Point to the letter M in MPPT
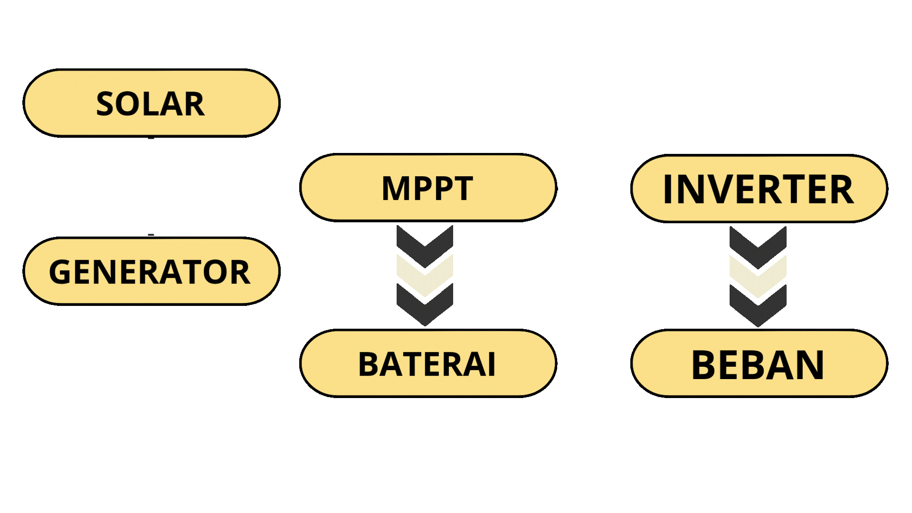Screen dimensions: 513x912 395,189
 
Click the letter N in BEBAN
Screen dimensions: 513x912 807,365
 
